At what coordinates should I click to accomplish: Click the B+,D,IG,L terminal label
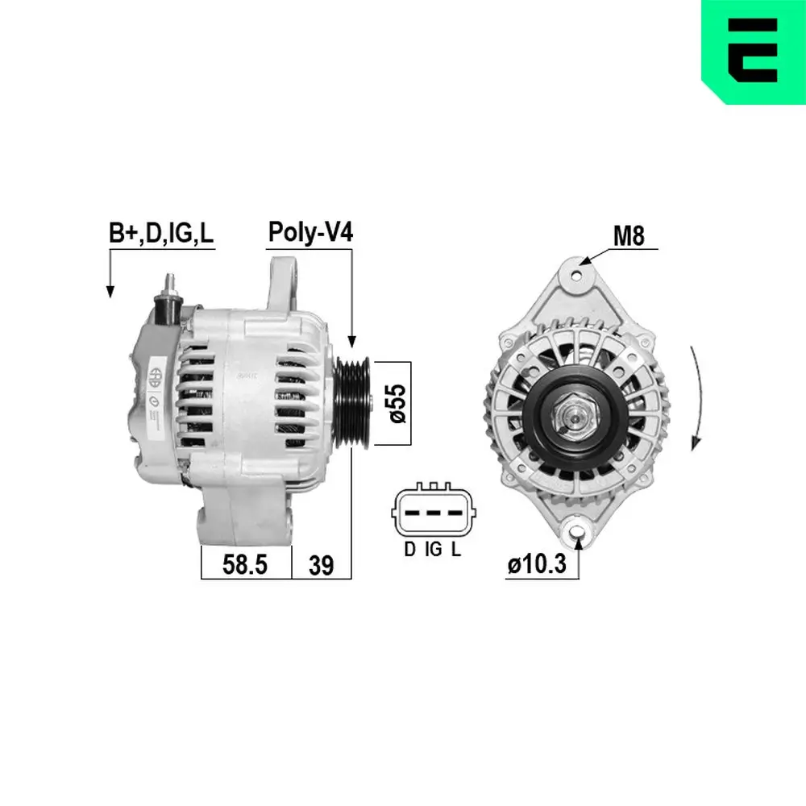pos(161,234)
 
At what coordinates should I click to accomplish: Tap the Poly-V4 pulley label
pos(310,233)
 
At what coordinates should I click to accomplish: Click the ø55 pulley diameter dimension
pos(395,403)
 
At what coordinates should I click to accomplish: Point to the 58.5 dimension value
pos(244,565)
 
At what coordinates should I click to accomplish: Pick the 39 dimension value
pos(321,565)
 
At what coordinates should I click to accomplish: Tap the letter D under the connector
pos(409,550)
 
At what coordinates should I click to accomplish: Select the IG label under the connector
pos(433,550)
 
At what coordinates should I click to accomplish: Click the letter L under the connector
pos(456,550)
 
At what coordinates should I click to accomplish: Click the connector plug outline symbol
pos(433,513)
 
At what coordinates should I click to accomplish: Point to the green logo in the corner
pos(754,52)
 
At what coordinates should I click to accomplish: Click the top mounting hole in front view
pos(576,272)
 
